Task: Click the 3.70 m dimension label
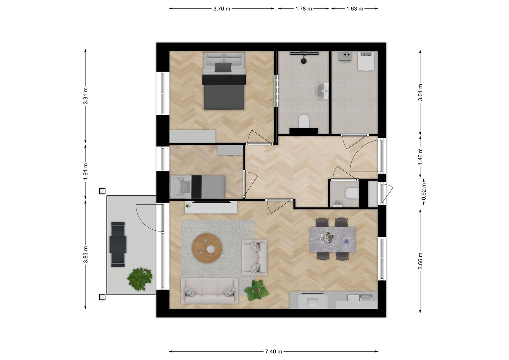coord(222,9)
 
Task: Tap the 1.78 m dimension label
coord(304,9)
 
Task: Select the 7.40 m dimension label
coord(274,352)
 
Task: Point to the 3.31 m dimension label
coord(86,96)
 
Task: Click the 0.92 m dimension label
coord(424,192)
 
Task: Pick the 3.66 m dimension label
coord(421,261)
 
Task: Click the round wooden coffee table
coord(207,248)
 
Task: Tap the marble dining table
coord(332,239)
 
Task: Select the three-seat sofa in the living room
coord(209,291)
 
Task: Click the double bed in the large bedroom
coord(224,81)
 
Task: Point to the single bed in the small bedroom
coord(198,187)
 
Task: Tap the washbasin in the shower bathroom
coord(322,91)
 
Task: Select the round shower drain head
coord(304,61)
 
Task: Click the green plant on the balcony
coord(140,279)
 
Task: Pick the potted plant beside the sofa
coord(256,290)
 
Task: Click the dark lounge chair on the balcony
coord(118,244)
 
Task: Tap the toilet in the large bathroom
coord(304,121)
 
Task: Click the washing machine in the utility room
coord(366,61)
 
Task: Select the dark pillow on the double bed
coord(223,68)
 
